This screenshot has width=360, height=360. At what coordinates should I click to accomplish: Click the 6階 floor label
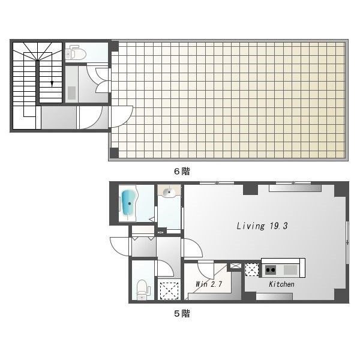[181, 171]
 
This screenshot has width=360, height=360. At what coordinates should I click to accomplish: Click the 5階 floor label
[181, 313]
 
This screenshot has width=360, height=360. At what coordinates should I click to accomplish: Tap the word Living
[250, 226]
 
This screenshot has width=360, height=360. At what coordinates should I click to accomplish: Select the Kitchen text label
[281, 284]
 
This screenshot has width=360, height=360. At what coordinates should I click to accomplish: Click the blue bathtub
[129, 203]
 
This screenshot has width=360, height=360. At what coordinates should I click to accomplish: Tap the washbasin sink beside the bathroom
[170, 193]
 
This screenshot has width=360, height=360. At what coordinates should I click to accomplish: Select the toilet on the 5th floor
[143, 289]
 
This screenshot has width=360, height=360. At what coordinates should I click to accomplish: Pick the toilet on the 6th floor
[77, 53]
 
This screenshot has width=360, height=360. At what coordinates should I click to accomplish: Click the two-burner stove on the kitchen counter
[269, 268]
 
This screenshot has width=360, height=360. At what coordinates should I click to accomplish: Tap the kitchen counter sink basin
[290, 268]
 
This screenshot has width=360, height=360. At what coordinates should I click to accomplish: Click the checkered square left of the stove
[251, 269]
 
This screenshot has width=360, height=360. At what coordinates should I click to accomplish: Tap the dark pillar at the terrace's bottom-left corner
[114, 152]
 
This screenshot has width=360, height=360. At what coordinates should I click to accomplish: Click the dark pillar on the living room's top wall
[250, 189]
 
